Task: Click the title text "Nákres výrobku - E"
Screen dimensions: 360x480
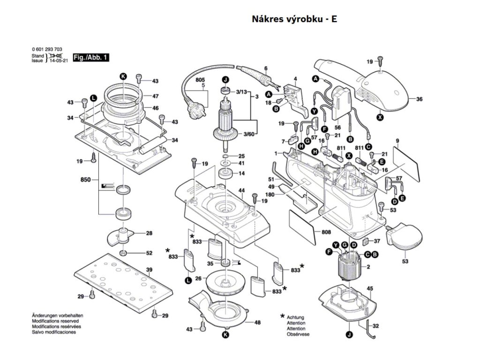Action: click(294, 19)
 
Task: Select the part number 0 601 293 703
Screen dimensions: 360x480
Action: click(47, 50)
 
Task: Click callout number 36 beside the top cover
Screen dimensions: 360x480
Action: click(419, 99)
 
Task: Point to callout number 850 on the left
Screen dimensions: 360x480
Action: click(85, 180)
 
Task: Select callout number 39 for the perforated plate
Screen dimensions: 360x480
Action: click(149, 270)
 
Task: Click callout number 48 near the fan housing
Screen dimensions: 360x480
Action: click(257, 322)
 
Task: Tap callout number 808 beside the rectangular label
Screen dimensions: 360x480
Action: click(327, 232)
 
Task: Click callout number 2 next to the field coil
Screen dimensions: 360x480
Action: click(368, 267)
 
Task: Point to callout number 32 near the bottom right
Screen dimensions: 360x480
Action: click(376, 326)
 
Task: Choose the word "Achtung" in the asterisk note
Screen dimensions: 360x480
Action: click(296, 317)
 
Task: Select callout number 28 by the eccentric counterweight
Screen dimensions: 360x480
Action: click(149, 233)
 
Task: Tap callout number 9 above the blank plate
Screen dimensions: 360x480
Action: click(397, 141)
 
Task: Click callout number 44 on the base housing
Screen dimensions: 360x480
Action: click(242, 190)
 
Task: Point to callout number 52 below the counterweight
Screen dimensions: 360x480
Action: click(149, 253)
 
